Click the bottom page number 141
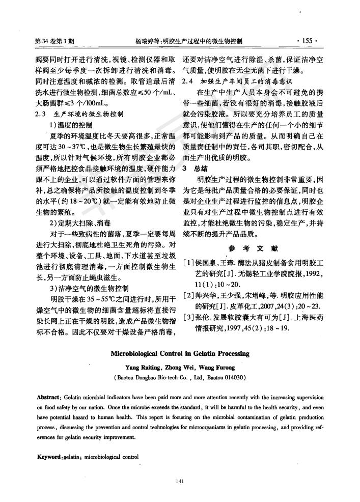coord(179,481)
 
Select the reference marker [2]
coord(188,295)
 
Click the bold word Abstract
coord(49,396)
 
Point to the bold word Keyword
coord(49,457)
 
